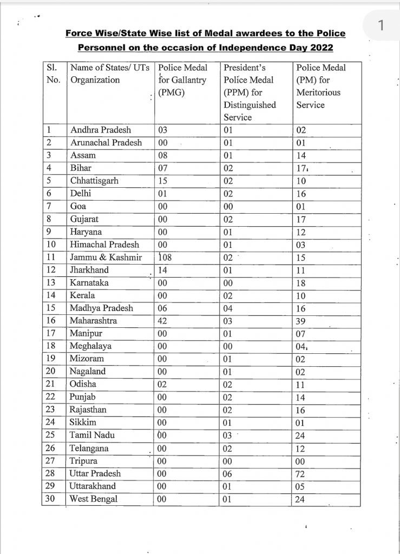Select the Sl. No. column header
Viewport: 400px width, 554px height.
click(x=53, y=74)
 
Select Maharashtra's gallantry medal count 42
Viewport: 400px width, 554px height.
click(x=161, y=321)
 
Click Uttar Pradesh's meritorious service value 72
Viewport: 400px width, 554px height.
click(x=301, y=474)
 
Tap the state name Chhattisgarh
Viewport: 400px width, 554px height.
click(x=94, y=181)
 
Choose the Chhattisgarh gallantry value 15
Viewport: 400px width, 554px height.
click(x=161, y=181)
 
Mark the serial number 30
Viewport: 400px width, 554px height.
click(x=51, y=499)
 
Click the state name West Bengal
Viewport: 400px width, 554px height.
click(x=94, y=499)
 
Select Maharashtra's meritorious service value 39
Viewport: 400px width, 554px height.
click(x=301, y=321)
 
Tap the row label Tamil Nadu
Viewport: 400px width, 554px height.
click(x=92, y=436)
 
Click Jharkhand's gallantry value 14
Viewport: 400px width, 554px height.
click(x=161, y=270)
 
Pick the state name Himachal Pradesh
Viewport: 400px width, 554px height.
click(x=104, y=245)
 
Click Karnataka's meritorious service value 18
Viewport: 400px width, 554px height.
click(x=301, y=283)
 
